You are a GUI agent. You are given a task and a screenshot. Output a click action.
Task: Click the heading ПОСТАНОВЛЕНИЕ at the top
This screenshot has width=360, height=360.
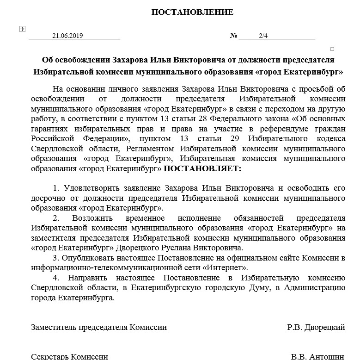pos(192,12)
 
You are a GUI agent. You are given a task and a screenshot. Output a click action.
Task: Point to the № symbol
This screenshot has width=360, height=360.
pos(233,36)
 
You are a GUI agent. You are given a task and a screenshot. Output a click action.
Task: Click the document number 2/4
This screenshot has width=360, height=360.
pos(263,36)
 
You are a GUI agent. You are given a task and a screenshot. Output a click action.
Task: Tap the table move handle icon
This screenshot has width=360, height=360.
pos(22,29)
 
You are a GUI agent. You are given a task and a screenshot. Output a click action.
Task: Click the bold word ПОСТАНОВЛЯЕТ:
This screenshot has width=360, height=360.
pos(202,168)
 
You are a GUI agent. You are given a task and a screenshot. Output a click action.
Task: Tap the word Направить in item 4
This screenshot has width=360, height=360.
pos(87,278)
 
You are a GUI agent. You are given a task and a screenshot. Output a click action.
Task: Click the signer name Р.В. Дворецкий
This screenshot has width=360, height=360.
pos(316,327)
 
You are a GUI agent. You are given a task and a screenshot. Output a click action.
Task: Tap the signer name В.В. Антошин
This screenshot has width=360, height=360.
pos(317,357)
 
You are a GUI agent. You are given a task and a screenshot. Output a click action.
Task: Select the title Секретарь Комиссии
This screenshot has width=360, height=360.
pos(69,357)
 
